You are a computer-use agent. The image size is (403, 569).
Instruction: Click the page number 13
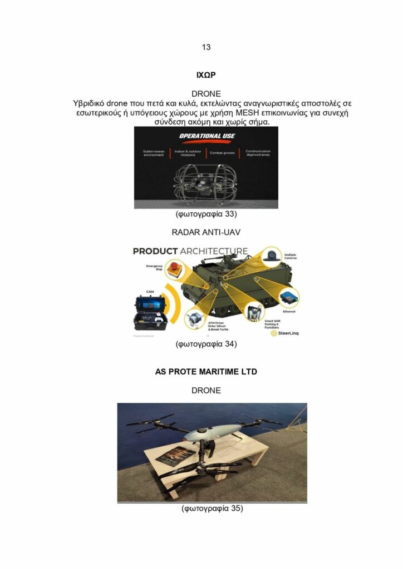click(206, 47)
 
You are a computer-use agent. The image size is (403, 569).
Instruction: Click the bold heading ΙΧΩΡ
click(206, 74)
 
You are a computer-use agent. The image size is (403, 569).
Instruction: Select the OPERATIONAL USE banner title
click(206, 136)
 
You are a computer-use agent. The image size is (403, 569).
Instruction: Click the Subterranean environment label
click(154, 153)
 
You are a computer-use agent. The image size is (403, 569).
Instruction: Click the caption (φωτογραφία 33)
click(206, 214)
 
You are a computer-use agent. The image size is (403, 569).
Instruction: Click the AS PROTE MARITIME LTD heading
click(206, 372)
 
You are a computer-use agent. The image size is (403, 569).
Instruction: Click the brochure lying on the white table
click(176, 456)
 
